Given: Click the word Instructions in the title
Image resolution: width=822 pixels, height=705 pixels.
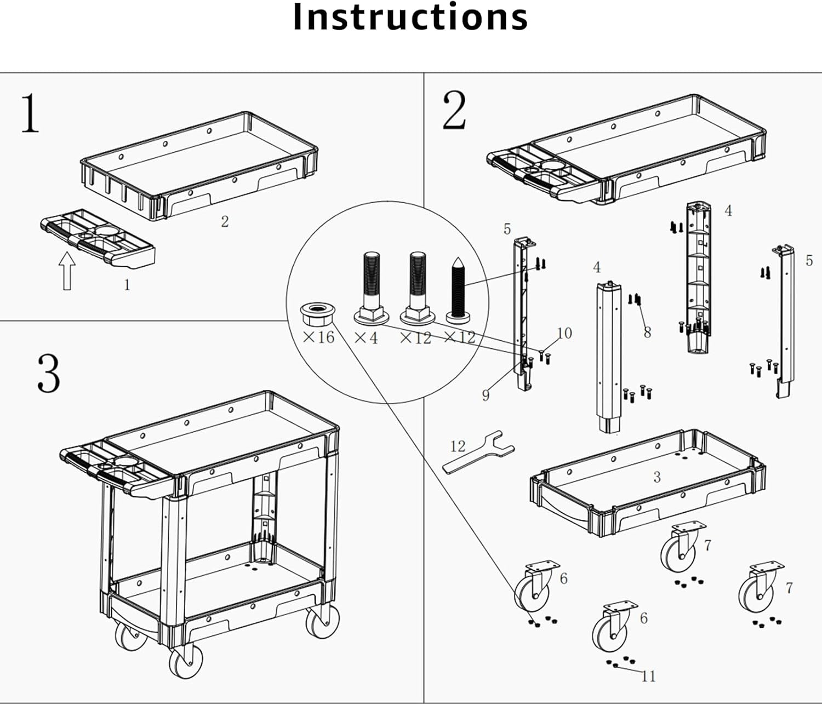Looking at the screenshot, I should (x=410, y=18).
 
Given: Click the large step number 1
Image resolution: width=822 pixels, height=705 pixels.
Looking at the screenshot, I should (x=30, y=113).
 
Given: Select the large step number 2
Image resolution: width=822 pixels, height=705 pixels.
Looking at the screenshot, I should (x=454, y=111).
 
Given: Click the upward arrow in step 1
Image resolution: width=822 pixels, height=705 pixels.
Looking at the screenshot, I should (x=67, y=270).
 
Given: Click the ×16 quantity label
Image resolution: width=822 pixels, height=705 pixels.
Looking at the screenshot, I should (x=318, y=337).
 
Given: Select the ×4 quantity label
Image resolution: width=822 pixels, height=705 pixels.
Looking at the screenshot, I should (x=366, y=337).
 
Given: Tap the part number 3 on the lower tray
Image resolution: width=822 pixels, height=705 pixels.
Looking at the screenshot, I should (x=657, y=477).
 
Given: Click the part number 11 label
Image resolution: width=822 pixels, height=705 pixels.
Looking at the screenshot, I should (x=648, y=677).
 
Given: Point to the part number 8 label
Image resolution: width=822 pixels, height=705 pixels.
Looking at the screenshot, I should (x=647, y=332).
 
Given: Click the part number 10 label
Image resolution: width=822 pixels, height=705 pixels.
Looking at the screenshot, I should (x=564, y=333).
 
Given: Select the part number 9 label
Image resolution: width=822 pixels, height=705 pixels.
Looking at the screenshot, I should (x=486, y=395).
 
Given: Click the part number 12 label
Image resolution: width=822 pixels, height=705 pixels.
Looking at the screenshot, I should (x=458, y=446).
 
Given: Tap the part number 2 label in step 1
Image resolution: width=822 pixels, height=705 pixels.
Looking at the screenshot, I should (x=225, y=221).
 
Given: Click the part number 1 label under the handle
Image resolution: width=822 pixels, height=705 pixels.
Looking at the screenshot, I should (x=127, y=285).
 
